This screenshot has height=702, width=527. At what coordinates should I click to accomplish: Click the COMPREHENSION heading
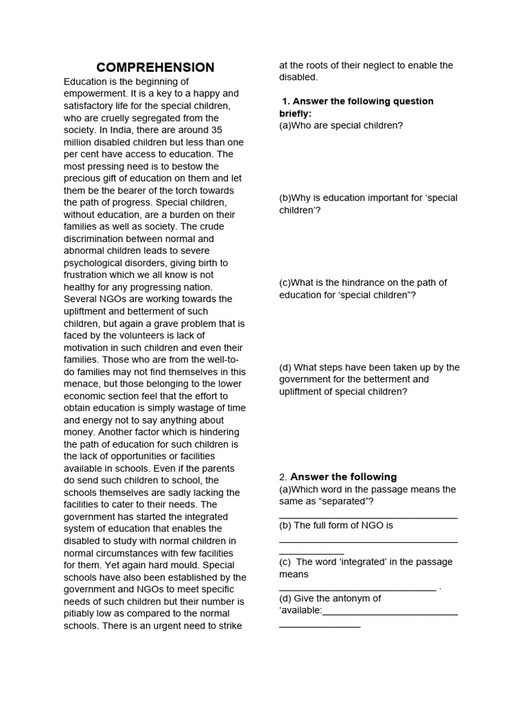(x=155, y=67)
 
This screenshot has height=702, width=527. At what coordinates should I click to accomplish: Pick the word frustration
(x=88, y=275)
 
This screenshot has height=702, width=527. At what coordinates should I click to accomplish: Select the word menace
(x=82, y=384)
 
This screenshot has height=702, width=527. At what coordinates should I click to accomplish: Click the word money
(x=79, y=432)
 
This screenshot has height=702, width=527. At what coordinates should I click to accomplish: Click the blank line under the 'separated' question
(x=368, y=517)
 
